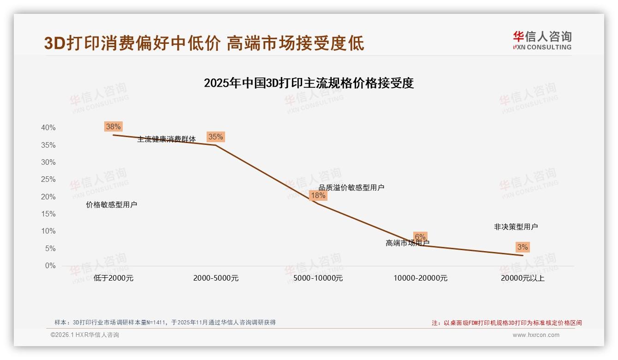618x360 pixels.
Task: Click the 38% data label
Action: (113, 126)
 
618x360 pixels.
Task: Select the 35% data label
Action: (215, 137)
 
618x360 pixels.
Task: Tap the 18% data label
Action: (318, 195)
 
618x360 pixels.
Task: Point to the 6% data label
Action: (420, 237)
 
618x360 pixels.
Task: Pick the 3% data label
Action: (523, 247)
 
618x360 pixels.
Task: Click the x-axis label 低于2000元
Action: (113, 278)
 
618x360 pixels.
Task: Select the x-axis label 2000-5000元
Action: (216, 278)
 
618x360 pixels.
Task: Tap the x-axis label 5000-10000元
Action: (318, 278)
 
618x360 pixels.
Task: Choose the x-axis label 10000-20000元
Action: (420, 278)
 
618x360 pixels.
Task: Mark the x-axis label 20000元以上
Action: (523, 278)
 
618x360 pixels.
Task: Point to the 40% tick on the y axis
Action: (48, 128)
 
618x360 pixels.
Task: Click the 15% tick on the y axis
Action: (48, 214)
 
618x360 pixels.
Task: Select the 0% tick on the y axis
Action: (50, 266)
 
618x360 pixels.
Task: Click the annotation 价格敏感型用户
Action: (112, 205)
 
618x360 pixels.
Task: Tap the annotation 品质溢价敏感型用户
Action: (351, 187)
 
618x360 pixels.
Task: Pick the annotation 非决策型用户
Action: (516, 227)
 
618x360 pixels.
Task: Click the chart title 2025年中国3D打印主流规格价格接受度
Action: (309, 83)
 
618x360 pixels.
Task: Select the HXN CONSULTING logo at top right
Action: (542, 41)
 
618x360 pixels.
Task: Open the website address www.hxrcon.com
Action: (536, 335)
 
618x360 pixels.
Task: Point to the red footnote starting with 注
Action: (506, 323)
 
